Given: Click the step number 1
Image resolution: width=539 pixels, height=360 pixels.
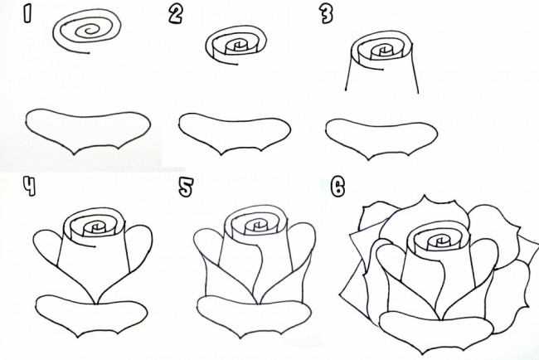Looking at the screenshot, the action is [x=27, y=15].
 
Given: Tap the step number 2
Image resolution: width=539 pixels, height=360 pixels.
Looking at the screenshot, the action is [x=176, y=15].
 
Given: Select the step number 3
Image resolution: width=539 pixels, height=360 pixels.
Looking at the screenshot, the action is [x=326, y=15].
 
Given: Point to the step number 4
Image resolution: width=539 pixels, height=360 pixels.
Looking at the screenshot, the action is [x=30, y=186].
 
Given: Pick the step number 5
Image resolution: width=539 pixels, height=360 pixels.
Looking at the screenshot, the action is [x=186, y=187].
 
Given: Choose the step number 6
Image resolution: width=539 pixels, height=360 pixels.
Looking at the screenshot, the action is [x=337, y=187].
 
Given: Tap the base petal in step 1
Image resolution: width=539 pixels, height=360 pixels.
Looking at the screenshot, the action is [x=88, y=132].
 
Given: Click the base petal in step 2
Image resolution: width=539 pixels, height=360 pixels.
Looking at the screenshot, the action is [x=235, y=135].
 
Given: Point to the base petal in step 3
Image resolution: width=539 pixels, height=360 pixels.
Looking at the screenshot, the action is [x=381, y=139].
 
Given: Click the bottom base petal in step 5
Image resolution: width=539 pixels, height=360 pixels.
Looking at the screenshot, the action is [x=254, y=317].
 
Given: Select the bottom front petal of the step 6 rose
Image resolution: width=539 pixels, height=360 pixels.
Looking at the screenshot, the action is [x=436, y=331].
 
